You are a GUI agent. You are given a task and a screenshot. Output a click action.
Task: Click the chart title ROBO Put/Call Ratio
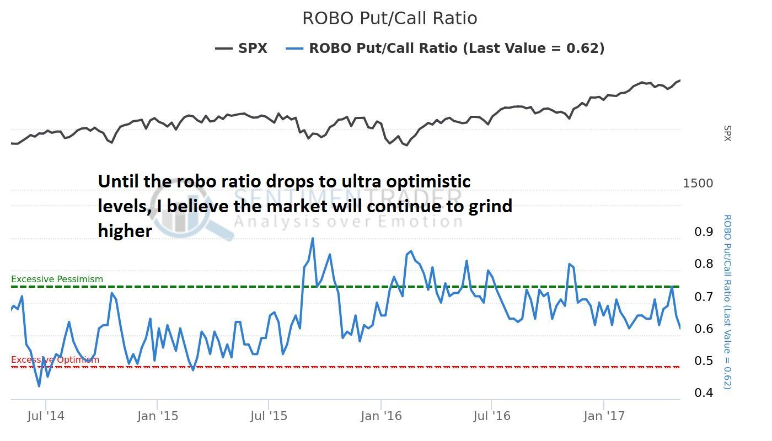[389, 18]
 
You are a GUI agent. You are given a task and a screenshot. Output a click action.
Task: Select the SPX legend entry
[242, 49]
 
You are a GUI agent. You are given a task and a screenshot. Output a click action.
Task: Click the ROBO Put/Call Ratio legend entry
[445, 49]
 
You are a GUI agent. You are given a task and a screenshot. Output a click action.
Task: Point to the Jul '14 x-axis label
[46, 416]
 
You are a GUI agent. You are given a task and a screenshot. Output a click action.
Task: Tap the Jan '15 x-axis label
[158, 416]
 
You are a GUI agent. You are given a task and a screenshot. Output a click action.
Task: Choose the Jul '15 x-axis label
[269, 416]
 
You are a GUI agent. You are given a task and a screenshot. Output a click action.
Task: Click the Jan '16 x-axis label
[381, 416]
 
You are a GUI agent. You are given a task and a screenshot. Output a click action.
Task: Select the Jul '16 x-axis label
[492, 416]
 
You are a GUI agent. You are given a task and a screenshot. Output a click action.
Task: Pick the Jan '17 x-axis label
[604, 416]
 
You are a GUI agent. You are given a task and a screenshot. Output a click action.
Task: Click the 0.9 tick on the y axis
[704, 232]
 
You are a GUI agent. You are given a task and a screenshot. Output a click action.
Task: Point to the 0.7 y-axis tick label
[704, 297]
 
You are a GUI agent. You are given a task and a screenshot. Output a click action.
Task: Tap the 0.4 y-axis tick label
[704, 393]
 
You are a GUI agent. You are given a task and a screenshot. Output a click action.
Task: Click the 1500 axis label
[698, 184]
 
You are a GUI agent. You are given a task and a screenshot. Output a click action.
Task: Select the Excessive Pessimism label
[57, 279]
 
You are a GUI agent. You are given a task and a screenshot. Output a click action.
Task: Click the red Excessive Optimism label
[55, 360]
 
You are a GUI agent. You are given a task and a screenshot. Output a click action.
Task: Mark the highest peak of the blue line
[313, 239]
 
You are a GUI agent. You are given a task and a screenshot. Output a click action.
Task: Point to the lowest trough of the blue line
[39, 386]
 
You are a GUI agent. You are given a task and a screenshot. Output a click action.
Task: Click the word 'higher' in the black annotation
[125, 230]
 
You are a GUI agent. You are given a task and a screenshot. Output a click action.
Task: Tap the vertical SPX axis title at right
[727, 133]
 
